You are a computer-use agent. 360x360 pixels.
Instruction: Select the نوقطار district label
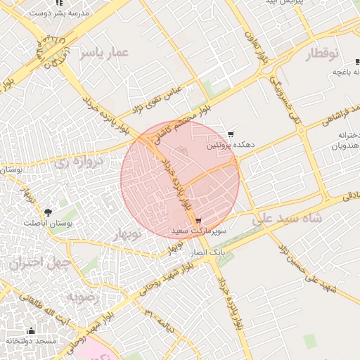(322, 53)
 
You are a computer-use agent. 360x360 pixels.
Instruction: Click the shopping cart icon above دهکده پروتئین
(231, 134)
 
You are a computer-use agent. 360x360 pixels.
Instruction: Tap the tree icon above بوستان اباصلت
(48, 212)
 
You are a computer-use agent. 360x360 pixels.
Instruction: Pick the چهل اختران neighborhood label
(41, 263)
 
